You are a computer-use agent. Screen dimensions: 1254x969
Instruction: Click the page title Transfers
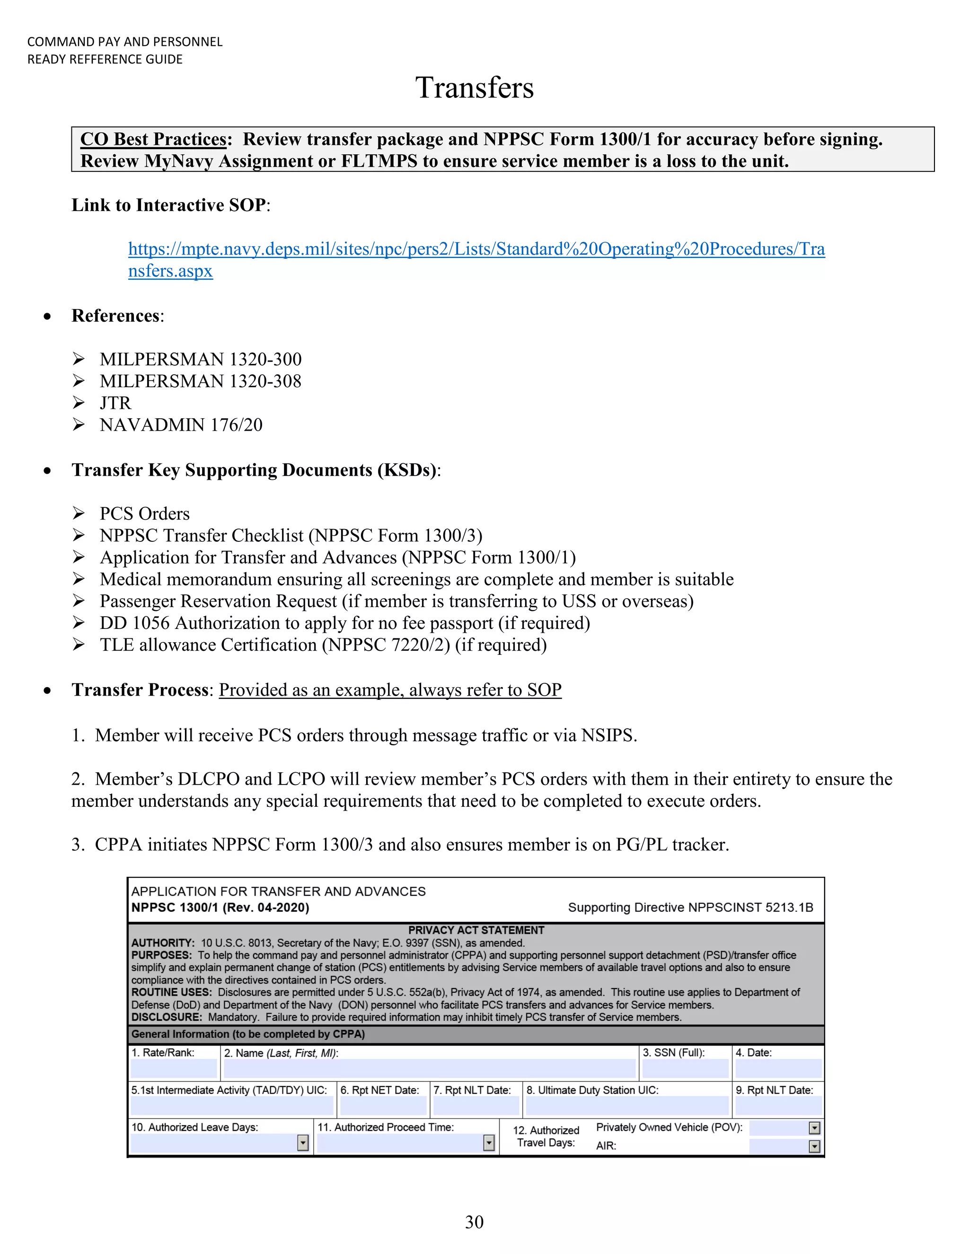point(474,88)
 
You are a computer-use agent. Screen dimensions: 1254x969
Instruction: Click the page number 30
point(474,1222)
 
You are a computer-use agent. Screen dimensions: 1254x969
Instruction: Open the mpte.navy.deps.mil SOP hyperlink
point(476,249)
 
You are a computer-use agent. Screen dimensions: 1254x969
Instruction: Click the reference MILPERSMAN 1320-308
point(200,381)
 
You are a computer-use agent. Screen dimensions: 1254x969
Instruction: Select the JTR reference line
point(115,403)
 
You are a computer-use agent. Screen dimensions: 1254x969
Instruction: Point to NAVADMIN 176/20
point(181,425)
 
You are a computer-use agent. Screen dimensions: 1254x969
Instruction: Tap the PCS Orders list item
point(144,514)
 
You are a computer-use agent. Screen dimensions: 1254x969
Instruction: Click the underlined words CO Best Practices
point(153,140)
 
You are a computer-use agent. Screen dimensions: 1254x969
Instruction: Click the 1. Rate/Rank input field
point(173,1069)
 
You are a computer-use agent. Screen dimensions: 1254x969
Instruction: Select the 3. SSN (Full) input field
point(685,1069)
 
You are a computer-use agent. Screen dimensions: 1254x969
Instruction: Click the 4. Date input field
point(778,1069)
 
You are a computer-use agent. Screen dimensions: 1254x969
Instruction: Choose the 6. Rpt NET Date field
point(383,1105)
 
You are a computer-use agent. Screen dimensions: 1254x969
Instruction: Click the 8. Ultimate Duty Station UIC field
point(627,1105)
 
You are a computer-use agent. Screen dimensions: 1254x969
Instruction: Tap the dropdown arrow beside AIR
point(814,1147)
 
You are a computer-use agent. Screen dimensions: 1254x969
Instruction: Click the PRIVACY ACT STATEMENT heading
point(476,930)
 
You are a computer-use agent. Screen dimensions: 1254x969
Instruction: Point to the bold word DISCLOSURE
point(166,1017)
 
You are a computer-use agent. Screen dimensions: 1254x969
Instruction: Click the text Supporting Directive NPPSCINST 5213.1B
point(691,908)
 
